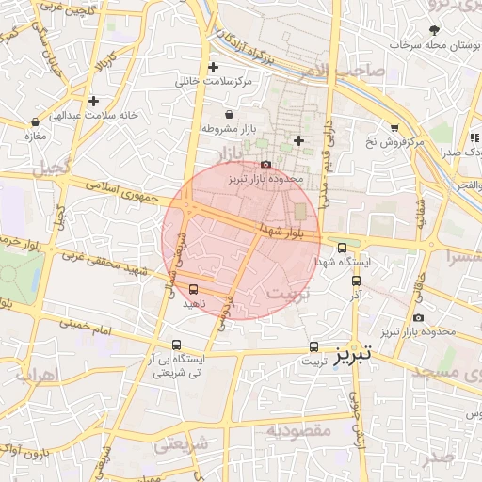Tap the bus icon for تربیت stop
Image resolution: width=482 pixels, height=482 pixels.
313,345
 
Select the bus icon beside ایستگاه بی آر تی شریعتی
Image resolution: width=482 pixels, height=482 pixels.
177,345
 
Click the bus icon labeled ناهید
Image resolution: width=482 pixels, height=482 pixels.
194,289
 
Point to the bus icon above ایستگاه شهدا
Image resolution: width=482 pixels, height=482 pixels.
342,248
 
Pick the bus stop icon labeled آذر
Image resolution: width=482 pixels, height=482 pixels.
355,281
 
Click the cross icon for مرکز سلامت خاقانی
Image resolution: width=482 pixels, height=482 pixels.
213,67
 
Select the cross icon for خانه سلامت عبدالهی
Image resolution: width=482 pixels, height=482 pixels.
93,101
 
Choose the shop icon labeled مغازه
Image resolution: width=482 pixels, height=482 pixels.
36,121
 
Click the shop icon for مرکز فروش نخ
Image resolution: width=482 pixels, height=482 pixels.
394,127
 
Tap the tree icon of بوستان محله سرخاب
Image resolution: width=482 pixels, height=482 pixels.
434,30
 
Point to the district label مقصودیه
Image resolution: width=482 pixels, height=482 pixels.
299,431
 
